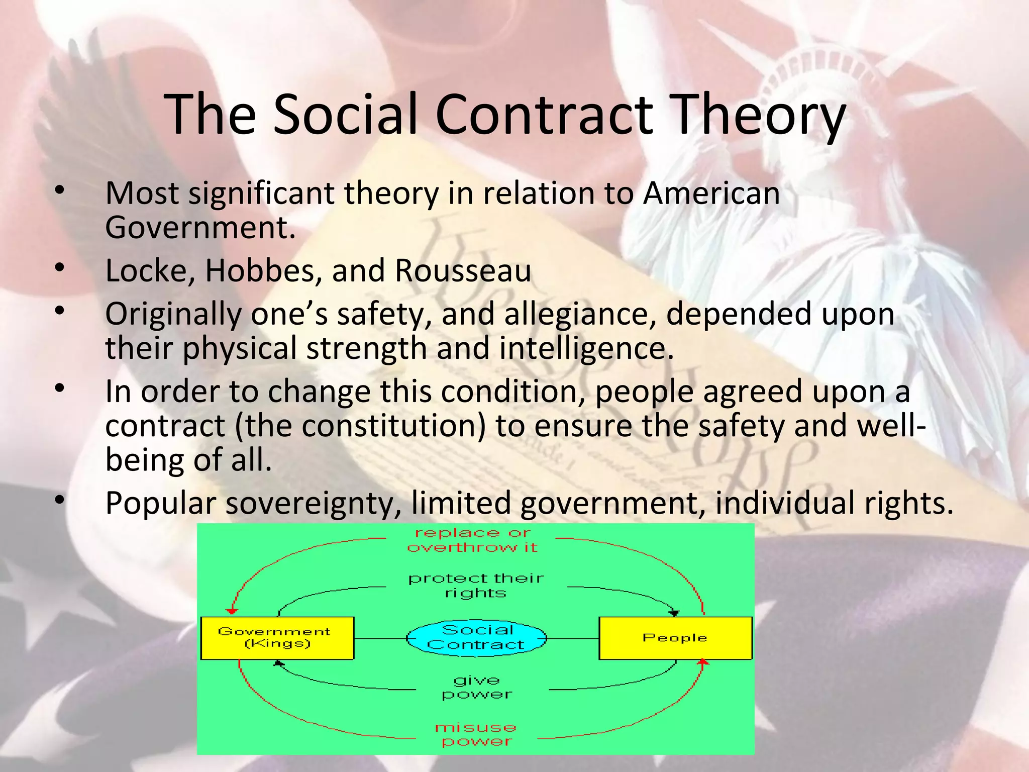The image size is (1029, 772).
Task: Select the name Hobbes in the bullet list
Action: (x=263, y=271)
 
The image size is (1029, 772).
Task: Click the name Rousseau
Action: (x=463, y=271)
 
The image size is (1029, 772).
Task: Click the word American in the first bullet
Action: (x=711, y=194)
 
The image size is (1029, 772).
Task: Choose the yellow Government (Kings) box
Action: (x=277, y=638)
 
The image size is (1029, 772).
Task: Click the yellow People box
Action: (x=675, y=638)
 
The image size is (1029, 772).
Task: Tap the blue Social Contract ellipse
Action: (x=476, y=638)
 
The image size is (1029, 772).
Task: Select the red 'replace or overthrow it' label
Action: (x=472, y=540)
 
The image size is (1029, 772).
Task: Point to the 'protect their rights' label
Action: (x=476, y=586)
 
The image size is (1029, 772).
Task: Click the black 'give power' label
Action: (x=477, y=687)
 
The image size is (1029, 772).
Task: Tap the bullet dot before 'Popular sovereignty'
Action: (x=60, y=500)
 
